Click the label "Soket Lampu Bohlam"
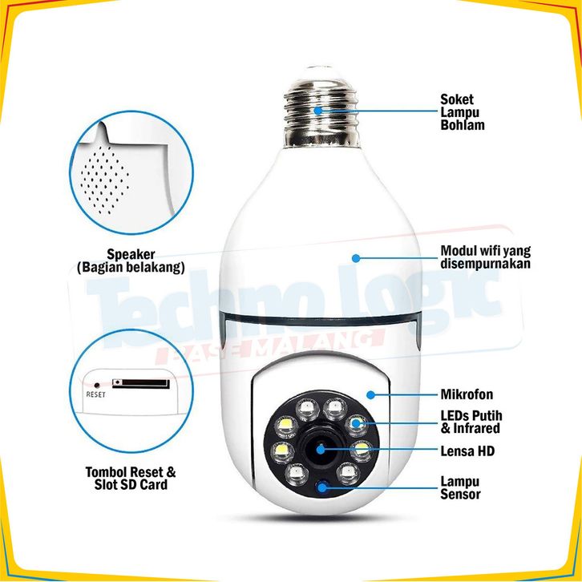click(463, 112)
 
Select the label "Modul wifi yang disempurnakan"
click(486, 257)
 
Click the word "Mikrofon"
click(467, 394)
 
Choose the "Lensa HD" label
click(467, 451)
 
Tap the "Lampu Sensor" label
click(461, 487)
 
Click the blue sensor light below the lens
click(322, 485)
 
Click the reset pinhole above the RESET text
click(97, 384)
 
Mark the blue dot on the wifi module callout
click(355, 258)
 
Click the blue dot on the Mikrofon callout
click(370, 394)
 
